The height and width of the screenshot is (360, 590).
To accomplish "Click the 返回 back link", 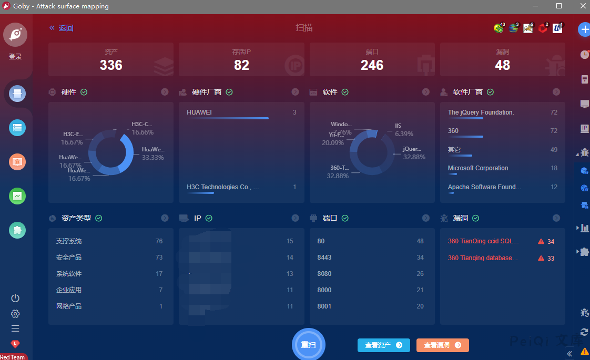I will (x=62, y=28).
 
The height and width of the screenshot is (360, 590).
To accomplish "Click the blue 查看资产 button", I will (x=383, y=345).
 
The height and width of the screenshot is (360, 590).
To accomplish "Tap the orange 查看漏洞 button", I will (x=442, y=345).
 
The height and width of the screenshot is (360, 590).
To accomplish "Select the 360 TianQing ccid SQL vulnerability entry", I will (x=483, y=241).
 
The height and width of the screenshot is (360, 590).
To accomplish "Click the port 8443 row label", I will (x=324, y=258).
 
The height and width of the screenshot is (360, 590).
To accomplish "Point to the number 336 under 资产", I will (x=111, y=65).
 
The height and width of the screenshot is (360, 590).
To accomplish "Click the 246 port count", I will (x=372, y=65).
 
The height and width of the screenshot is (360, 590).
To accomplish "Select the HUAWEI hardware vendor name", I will (x=199, y=112).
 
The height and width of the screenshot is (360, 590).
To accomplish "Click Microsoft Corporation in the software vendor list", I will (x=478, y=168).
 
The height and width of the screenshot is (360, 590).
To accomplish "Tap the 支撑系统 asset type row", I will (x=69, y=241).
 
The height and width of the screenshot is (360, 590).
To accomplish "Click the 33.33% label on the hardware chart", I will (x=153, y=158).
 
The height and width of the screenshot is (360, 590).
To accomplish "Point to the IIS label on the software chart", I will (x=398, y=126).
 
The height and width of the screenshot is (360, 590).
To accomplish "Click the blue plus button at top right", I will (x=584, y=29).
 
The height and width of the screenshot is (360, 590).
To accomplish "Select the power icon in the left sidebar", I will (x=15, y=298).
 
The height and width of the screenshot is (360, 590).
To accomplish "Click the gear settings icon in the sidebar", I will (x=15, y=314).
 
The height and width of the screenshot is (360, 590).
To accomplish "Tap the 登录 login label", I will (x=15, y=57).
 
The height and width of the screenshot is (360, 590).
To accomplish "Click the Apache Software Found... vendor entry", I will (x=484, y=187).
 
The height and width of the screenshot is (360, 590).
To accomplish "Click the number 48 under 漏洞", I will (x=502, y=65).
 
